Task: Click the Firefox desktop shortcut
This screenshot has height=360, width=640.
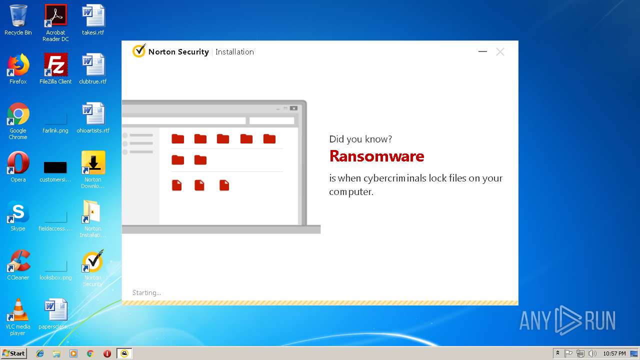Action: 18,65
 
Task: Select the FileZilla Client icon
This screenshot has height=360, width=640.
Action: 55,65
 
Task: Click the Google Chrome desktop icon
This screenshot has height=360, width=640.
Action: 18,114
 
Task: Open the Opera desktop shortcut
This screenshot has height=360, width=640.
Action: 18,163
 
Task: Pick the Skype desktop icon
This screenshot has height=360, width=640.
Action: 18,212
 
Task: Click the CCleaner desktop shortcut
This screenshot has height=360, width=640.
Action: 18,261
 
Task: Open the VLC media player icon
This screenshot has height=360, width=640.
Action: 18,310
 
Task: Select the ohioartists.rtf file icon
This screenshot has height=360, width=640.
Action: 93,114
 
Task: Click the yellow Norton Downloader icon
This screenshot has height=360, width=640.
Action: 93,163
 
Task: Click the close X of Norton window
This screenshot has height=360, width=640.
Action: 500,51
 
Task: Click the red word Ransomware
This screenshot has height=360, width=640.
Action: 376,156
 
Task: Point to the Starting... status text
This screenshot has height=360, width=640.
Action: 146,293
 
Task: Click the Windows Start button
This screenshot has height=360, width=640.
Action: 14,353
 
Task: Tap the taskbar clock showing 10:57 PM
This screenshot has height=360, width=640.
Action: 614,353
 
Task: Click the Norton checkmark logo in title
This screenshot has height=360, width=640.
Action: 138,51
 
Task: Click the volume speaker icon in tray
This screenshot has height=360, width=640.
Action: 592,353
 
